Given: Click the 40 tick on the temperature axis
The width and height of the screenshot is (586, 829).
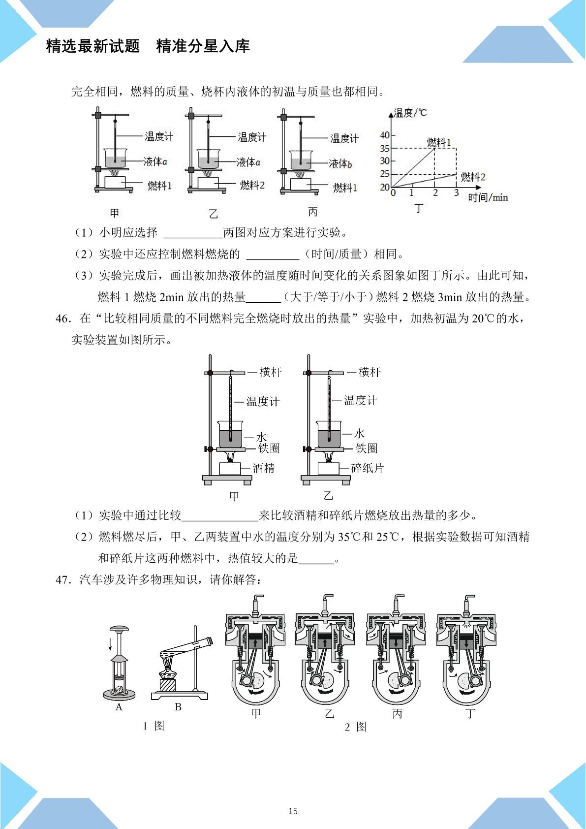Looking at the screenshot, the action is [385, 135].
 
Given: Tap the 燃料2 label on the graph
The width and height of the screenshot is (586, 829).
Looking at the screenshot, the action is [473, 177].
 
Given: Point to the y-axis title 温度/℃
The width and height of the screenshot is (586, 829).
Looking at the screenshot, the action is [410, 113].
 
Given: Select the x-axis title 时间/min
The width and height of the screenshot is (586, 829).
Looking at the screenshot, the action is [488, 197].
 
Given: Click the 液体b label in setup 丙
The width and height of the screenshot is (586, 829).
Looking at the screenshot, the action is [340, 163].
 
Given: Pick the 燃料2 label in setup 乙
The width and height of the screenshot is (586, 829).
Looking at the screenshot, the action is [252, 185].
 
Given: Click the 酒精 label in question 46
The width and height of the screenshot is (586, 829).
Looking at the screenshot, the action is [263, 468].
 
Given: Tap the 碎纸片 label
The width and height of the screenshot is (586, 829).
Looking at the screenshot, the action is [368, 468].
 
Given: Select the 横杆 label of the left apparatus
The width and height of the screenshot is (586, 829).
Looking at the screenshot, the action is [271, 372].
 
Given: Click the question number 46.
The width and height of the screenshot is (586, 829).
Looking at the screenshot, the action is [63, 319].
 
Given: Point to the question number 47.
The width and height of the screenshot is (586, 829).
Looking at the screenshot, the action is [63, 580].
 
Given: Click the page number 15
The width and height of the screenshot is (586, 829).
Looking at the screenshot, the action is [293, 811].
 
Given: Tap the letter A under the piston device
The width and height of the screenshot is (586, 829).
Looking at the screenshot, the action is [119, 707].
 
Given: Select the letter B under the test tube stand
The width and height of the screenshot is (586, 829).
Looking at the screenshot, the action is [178, 707].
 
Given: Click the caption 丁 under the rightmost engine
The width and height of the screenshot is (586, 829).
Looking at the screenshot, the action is [470, 713].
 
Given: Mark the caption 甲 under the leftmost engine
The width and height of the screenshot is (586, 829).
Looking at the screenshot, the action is [256, 713].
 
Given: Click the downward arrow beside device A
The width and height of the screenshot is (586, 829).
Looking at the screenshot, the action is [110, 644].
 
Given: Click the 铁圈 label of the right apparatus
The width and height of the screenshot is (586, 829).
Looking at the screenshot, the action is [367, 448].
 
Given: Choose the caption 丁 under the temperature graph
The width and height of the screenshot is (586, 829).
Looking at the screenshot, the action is [418, 208].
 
